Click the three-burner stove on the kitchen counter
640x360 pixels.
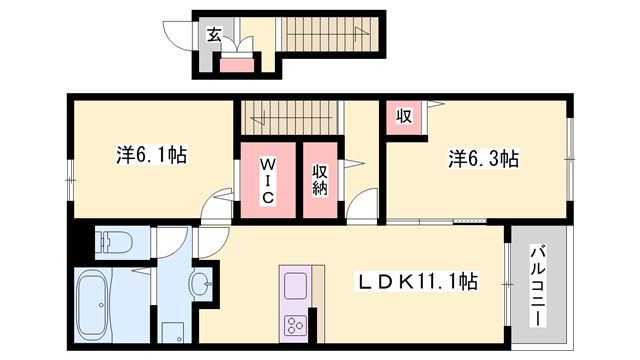pyautogui.click(x=296, y=325)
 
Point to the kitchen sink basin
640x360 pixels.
pyautogui.click(x=297, y=287)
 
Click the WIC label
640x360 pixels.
pyautogui.click(x=267, y=179)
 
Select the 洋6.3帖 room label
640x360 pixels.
pyautogui.click(x=482, y=158)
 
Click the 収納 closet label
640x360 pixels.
pyautogui.click(x=321, y=179)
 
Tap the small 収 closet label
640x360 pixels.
pyautogui.click(x=404, y=116)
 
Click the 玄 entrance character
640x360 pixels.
pyautogui.click(x=213, y=35)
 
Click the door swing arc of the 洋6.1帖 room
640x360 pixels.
pyautogui.click(x=214, y=206)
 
